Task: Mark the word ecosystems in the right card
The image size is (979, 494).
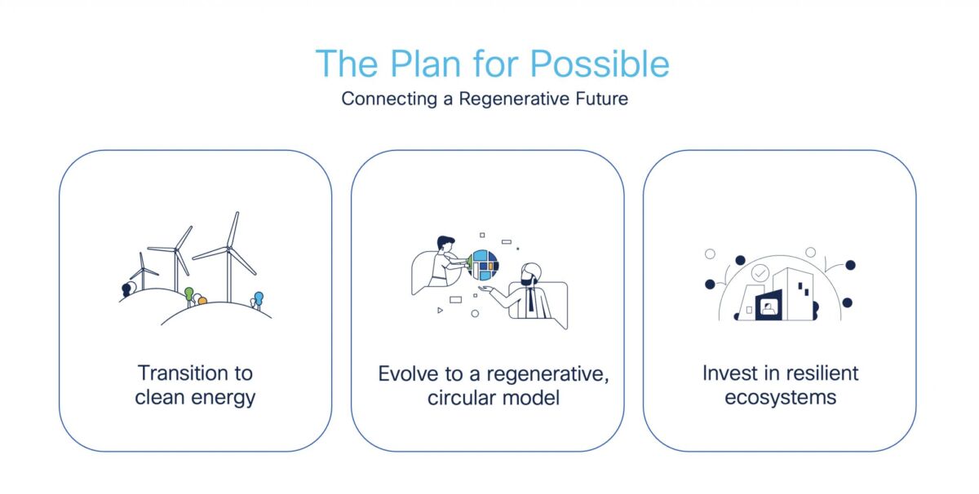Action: point(780,398)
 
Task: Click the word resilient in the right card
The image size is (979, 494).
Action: point(818,373)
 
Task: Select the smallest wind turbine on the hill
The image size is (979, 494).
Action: point(143,271)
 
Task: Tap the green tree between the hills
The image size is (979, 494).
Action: point(189,293)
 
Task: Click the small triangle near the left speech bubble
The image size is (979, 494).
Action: point(441,311)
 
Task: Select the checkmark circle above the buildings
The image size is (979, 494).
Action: point(760,273)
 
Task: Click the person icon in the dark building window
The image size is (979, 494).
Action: point(768,308)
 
